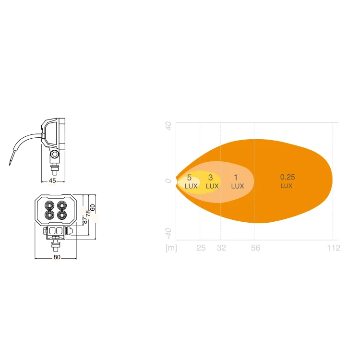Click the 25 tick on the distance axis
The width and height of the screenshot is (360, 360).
coord(201,248)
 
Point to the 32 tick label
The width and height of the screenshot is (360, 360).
coord(221,248)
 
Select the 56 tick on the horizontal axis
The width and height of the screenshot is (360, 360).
coord(255,248)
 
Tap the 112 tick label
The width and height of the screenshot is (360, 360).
coord(334,248)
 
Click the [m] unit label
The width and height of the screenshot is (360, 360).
coord(171,248)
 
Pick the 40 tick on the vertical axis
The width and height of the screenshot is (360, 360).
coord(168,126)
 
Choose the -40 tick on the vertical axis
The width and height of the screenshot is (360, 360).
coord(168,233)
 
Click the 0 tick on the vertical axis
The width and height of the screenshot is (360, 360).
coord(168,181)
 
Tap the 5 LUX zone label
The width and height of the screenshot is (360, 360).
coord(191,181)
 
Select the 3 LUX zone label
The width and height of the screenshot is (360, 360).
coord(212,181)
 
